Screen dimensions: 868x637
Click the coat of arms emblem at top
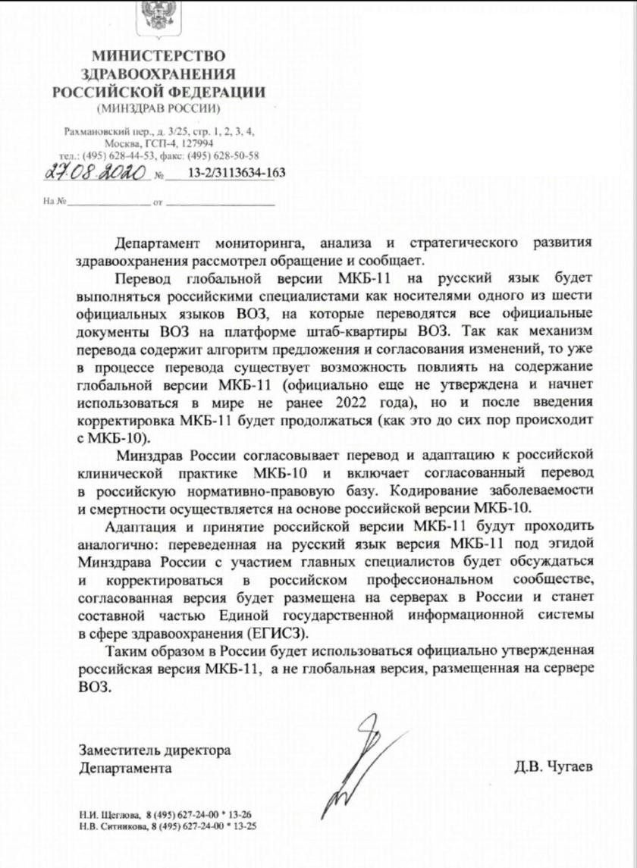158,17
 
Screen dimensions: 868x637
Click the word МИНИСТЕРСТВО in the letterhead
158,57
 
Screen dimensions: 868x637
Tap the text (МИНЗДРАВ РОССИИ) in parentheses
158,108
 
